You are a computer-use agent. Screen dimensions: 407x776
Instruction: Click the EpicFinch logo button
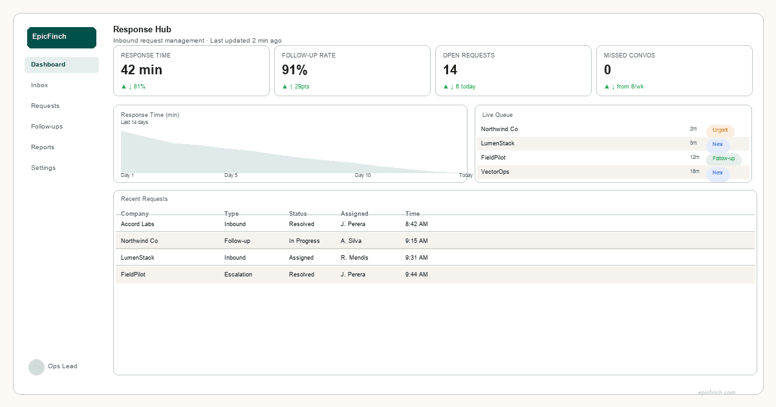[61, 37]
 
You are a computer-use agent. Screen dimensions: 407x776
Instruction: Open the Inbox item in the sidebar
[39, 85]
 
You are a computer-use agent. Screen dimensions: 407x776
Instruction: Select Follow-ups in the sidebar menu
[47, 127]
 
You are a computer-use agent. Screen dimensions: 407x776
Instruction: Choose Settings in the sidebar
[43, 168]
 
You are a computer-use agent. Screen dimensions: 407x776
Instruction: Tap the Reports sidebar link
[43, 147]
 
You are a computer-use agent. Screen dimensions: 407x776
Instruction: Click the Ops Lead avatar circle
[36, 367]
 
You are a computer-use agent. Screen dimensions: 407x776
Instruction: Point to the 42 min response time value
[142, 70]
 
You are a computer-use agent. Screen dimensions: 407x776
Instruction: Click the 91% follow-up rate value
[295, 70]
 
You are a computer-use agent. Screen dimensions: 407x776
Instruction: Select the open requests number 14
[450, 70]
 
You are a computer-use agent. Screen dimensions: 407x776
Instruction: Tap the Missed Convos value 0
[607, 70]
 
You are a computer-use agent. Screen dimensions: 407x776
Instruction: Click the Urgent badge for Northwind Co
[720, 130]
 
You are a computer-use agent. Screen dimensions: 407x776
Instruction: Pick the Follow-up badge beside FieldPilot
[724, 158]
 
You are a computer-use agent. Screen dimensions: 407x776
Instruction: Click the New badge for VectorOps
[718, 173]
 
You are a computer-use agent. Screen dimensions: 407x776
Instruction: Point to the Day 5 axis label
[231, 176]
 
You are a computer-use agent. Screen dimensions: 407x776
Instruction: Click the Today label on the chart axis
[466, 176]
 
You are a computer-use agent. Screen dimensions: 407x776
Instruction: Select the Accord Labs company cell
[138, 224]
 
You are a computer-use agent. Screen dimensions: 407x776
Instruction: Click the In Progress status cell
[304, 241]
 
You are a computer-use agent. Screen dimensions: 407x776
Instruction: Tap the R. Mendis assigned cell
[354, 258]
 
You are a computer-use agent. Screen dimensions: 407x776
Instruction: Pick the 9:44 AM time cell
[416, 275]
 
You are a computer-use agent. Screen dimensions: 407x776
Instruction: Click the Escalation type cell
[238, 275]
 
